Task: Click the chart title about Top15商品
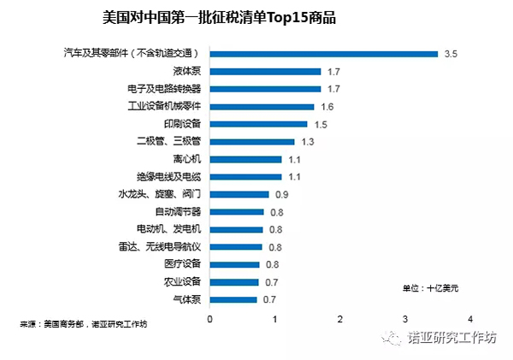pyautogui.click(x=217, y=18)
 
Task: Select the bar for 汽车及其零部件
pyautogui.click(x=324, y=54)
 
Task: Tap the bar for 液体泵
pyautogui.click(x=265, y=72)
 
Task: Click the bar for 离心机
pyautogui.click(x=245, y=159)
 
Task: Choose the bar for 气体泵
pyautogui.click(x=233, y=299)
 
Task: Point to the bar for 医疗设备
pyautogui.click(x=235, y=264)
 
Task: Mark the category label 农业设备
pyautogui.click(x=181, y=282)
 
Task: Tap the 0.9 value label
pyautogui.click(x=283, y=194)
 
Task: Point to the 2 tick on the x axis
pyautogui.click(x=340, y=319)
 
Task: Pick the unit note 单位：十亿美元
pyautogui.click(x=430, y=288)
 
